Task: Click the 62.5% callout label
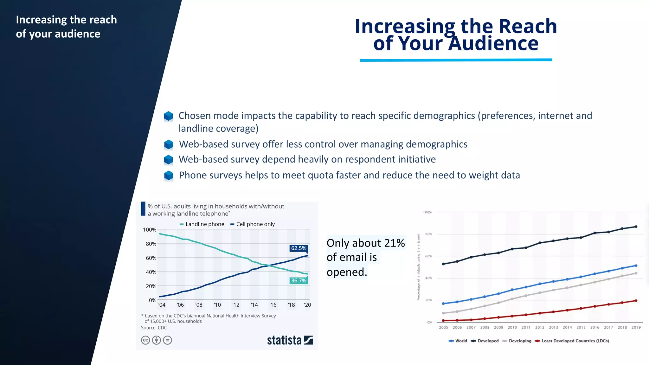[299, 248]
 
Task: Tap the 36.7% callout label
[299, 280]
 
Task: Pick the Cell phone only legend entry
[253, 224]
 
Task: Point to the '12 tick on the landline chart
[236, 305]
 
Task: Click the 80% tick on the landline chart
[151, 244]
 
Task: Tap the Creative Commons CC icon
[145, 340]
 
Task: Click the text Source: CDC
[154, 328]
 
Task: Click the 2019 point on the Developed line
[636, 227]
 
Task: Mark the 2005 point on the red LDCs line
[443, 320]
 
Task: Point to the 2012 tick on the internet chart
[540, 327]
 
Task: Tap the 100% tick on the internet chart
[427, 212]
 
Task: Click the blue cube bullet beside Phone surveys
[169, 175]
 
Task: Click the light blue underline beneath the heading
[456, 60]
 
